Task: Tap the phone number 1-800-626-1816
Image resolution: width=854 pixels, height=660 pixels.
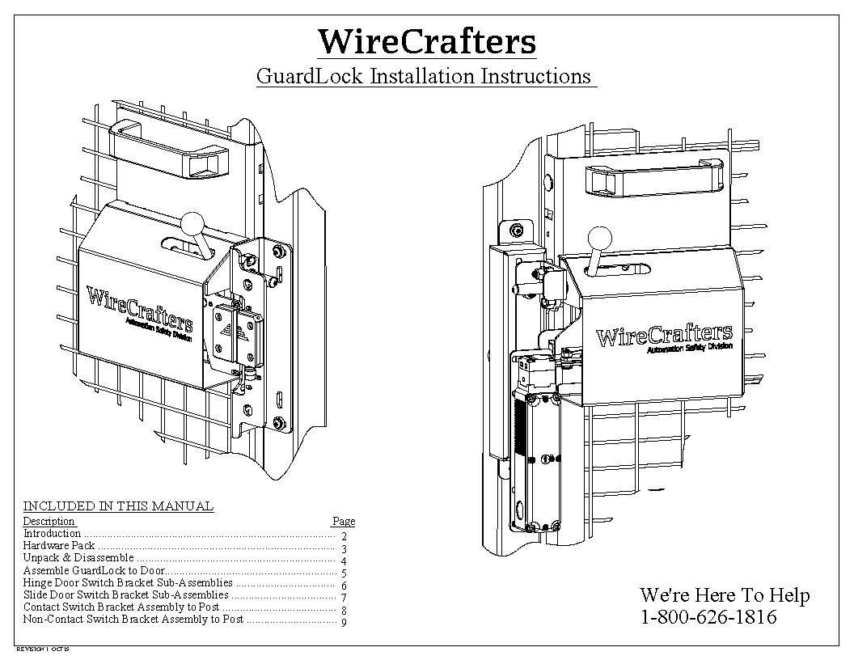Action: pyautogui.click(x=708, y=617)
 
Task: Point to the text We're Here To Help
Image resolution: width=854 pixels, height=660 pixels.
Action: pyautogui.click(x=724, y=595)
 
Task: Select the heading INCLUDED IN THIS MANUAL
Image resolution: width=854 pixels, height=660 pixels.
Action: pyautogui.click(x=118, y=506)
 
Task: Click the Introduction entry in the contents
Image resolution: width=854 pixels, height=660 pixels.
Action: pyautogui.click(x=52, y=534)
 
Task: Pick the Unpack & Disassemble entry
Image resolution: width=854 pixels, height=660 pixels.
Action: pyautogui.click(x=78, y=558)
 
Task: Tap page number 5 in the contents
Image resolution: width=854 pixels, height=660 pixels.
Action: pyautogui.click(x=344, y=573)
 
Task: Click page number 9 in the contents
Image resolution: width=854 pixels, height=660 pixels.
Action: pyautogui.click(x=344, y=622)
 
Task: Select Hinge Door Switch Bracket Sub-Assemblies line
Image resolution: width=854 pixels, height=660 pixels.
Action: pyautogui.click(x=128, y=582)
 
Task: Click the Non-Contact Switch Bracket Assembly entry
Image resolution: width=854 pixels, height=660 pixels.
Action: pyautogui.click(x=133, y=620)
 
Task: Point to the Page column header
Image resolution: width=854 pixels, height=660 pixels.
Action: pyautogui.click(x=344, y=522)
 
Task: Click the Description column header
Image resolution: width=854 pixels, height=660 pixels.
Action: pyautogui.click(x=49, y=522)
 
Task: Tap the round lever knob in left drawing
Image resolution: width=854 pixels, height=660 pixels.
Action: pyautogui.click(x=192, y=222)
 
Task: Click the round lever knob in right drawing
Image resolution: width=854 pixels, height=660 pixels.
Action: pyautogui.click(x=599, y=239)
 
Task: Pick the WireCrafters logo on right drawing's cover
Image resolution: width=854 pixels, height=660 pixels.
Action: pyautogui.click(x=663, y=335)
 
